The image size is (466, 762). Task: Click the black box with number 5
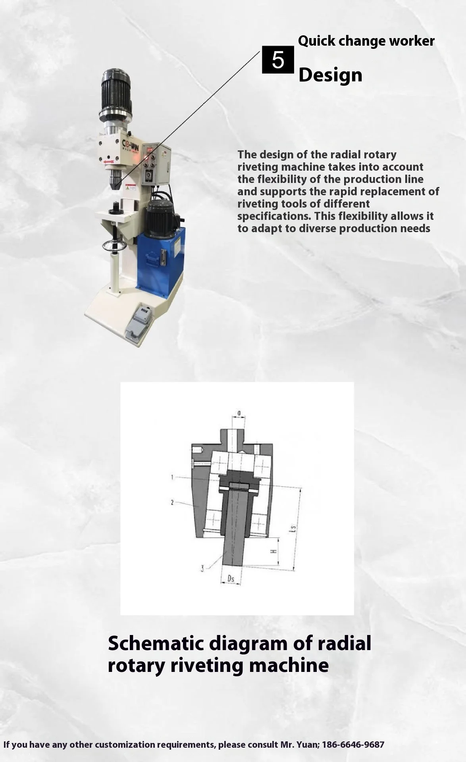click(278, 60)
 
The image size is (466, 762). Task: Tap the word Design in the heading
click(330, 75)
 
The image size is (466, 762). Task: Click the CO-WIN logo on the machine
click(130, 144)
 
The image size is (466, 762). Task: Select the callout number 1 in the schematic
click(172, 477)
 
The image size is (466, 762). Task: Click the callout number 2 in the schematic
click(172, 502)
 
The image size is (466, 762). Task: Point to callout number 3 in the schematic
click(202, 569)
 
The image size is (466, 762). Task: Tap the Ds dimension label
click(231, 579)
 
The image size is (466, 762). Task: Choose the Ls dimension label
click(293, 529)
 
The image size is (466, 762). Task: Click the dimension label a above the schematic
click(239, 414)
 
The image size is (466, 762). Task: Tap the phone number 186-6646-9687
click(353, 745)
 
